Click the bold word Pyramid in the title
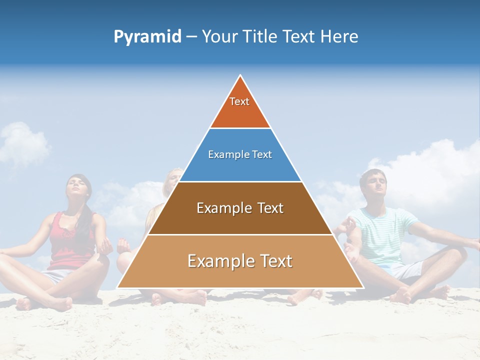coord(147,37)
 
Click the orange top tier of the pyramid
coord(240,107)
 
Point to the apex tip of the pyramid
coord(240,76)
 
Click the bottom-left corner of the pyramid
coord(118,287)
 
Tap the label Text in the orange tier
coord(239,101)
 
